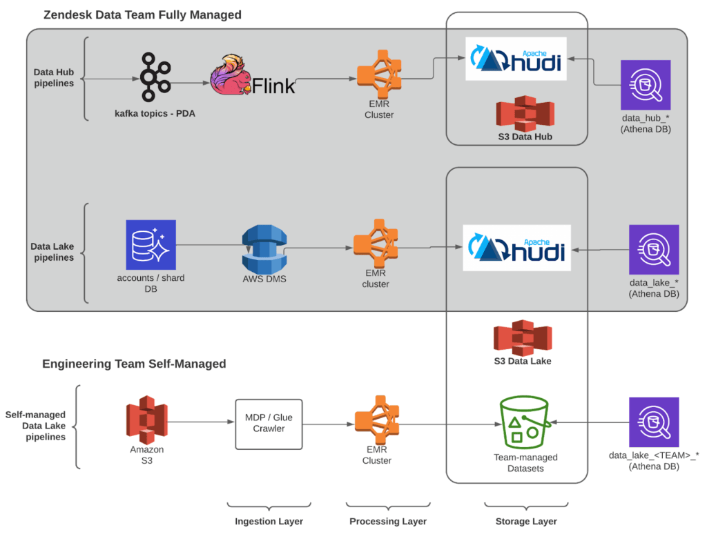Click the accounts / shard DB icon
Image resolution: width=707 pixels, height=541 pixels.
[151, 244]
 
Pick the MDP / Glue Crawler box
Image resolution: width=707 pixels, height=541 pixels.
[264, 423]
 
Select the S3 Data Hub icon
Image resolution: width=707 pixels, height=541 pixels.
[525, 112]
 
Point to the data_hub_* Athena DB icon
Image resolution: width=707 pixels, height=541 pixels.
[646, 85]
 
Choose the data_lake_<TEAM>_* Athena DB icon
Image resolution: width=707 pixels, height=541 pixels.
[653, 422]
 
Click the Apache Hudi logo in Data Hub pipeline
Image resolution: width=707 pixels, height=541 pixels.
[516, 59]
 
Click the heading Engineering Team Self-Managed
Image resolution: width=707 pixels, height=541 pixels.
[134, 364]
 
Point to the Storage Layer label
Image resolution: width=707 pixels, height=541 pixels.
[526, 521]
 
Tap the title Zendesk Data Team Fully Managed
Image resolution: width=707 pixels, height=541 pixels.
[143, 14]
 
